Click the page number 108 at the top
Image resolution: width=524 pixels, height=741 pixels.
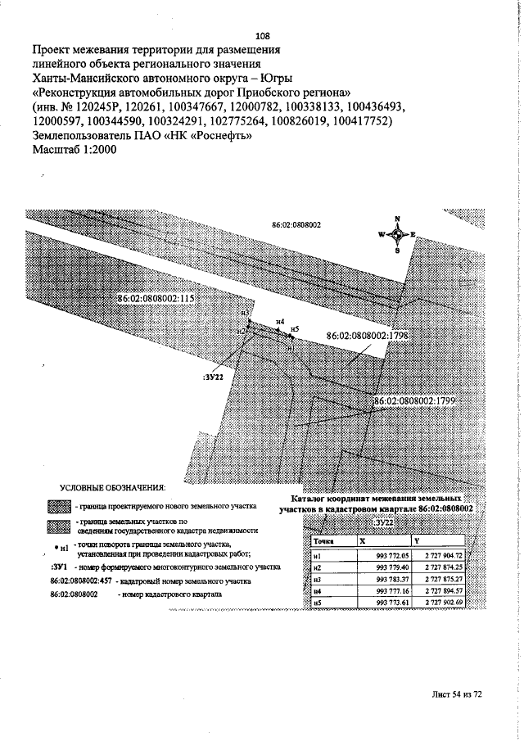coord(263,36)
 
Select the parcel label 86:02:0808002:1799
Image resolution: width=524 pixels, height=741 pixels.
coord(414,401)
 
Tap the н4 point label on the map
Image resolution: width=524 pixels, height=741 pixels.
coord(280,322)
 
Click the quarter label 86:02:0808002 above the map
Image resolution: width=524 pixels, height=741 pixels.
coord(296,224)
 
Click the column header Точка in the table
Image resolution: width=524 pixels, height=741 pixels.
coord(323,541)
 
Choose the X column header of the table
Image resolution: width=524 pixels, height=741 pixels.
coord(363,541)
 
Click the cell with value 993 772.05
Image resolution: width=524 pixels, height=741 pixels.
coord(392,554)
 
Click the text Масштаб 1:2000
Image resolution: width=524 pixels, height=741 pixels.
coord(75,151)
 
